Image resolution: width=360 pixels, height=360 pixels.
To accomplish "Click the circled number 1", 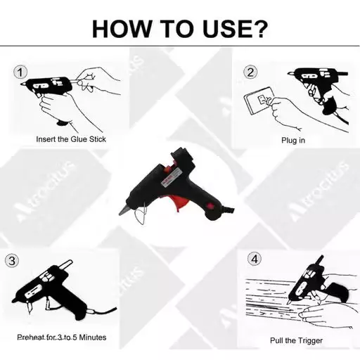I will click(20, 72).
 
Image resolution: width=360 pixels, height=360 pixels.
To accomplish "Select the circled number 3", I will click(11, 261).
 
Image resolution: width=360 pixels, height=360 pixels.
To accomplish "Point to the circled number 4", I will click(255, 259).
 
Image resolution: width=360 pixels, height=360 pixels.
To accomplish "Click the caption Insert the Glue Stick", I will click(72, 139).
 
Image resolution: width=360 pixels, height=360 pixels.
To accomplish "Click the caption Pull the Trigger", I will click(297, 340).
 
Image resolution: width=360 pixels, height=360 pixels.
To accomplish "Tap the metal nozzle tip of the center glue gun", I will click(122, 212).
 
